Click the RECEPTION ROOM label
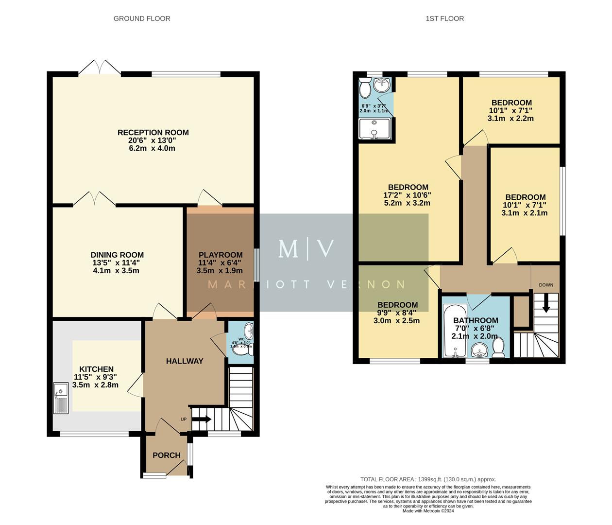[x=153, y=132]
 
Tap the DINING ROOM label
[x=117, y=255]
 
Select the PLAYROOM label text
[x=220, y=255]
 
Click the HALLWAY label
[x=185, y=361]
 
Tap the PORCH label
[x=167, y=455]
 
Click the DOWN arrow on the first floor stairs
[x=546, y=304]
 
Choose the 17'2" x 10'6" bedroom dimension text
[x=407, y=195]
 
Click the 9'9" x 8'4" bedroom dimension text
[x=396, y=313]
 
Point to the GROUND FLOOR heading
[x=142, y=18]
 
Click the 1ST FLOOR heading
[x=444, y=18]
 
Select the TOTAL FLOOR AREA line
[x=428, y=479]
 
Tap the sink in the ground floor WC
[x=249, y=331]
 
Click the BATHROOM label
[x=476, y=320]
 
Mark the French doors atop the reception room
[x=100, y=68]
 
